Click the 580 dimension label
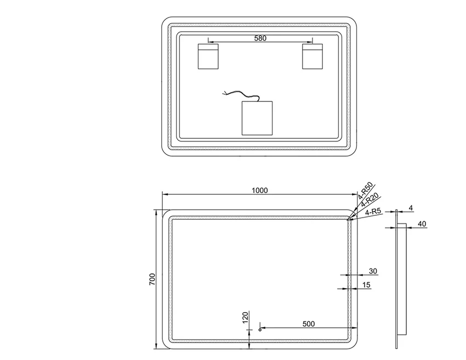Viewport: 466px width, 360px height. (x=260, y=38)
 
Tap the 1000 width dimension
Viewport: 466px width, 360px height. (x=260, y=190)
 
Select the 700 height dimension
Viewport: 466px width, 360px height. (x=152, y=279)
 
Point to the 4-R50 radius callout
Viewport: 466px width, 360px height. (x=365, y=191)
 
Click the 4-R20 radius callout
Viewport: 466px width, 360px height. (x=370, y=200)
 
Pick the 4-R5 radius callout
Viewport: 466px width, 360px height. (x=373, y=212)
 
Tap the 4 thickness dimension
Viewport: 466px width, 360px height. (x=411, y=208)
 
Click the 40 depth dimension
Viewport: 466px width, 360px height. (x=422, y=224)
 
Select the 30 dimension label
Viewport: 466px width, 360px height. (x=373, y=271)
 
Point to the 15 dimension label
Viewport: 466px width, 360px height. (x=366, y=285)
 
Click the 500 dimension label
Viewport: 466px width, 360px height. (x=309, y=324)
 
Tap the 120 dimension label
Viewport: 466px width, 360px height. (x=245, y=317)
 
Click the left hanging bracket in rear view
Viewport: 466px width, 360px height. (x=208, y=56)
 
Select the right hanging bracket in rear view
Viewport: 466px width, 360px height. (x=312, y=56)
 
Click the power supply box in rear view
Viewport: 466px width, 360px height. (x=257, y=118)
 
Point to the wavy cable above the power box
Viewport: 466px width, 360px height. (x=241, y=95)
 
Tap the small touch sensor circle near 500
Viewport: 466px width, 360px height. (x=260, y=330)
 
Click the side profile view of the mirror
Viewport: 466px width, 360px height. (x=401, y=279)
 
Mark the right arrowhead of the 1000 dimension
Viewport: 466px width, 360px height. (x=355, y=195)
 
